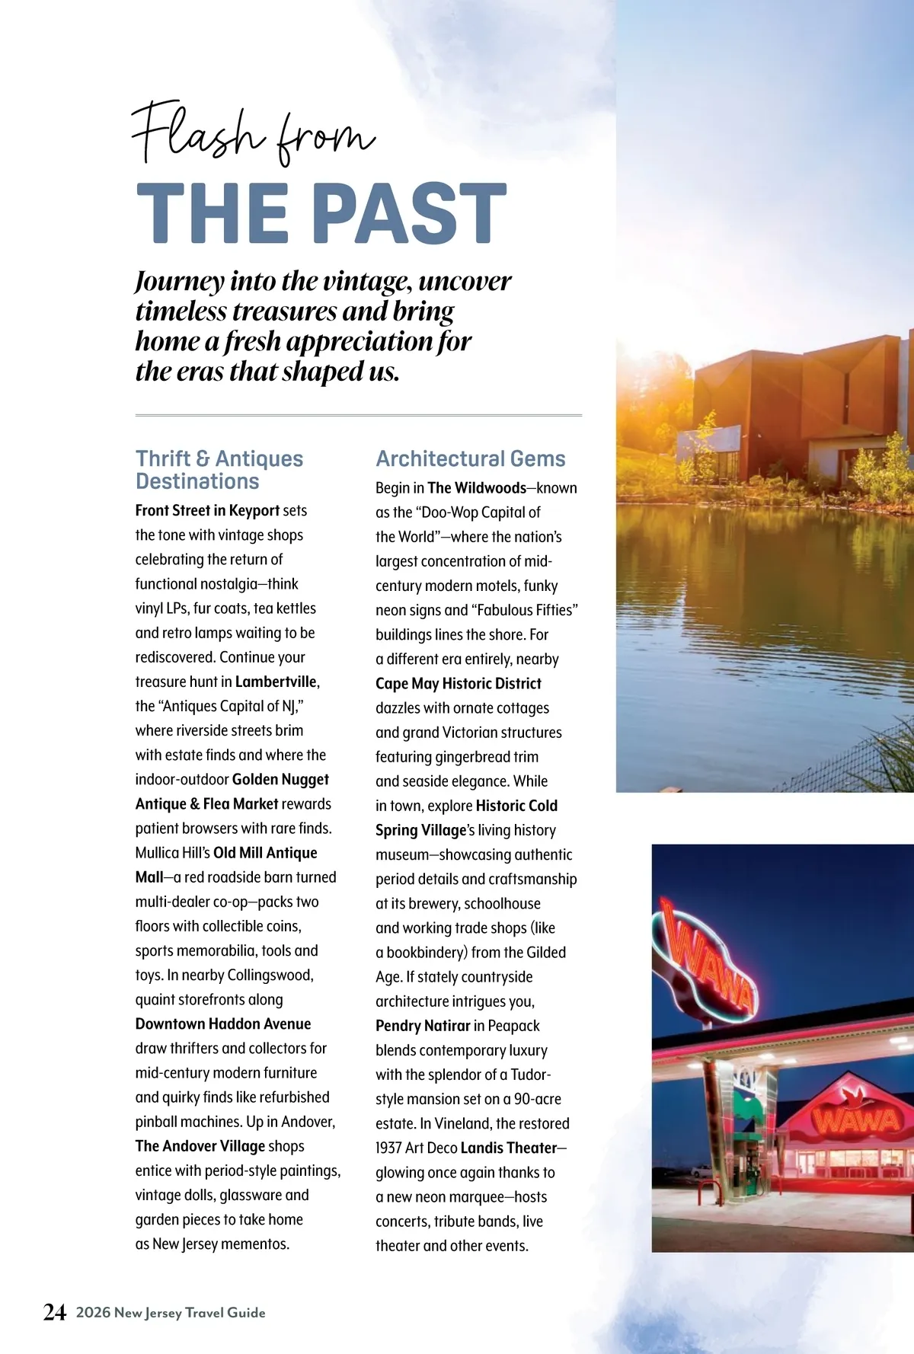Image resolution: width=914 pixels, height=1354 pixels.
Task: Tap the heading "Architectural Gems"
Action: click(470, 458)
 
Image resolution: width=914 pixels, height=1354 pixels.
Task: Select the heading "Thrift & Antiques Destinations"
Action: click(219, 470)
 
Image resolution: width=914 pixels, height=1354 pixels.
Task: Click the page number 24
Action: click(55, 1312)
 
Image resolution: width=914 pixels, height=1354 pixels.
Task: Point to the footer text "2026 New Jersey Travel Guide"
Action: click(171, 1312)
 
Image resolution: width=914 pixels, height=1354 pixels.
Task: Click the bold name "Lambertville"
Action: click(276, 682)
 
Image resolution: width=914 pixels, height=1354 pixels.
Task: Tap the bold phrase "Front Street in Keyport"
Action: click(207, 510)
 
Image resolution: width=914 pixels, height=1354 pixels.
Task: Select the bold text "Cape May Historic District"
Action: click(458, 683)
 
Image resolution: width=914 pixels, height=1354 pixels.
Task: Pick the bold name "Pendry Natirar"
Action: click(423, 1026)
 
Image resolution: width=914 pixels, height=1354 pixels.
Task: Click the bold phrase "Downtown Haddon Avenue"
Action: click(223, 1023)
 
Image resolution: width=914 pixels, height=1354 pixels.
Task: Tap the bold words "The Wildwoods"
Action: click(477, 488)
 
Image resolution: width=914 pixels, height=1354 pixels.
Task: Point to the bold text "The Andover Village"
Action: click(200, 1146)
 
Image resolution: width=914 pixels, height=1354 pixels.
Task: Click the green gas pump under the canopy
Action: click(749, 1173)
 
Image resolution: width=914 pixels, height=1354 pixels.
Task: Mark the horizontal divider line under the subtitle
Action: click(358, 415)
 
